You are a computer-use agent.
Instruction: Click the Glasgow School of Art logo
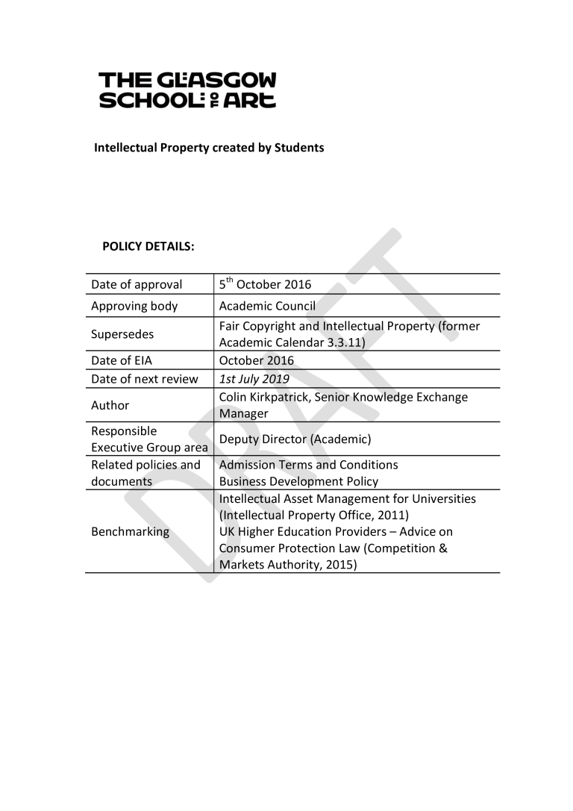[187, 90]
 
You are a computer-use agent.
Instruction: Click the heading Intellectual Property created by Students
[209, 148]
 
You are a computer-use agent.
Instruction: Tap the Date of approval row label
[137, 284]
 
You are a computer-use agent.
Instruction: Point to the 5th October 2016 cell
[265, 284]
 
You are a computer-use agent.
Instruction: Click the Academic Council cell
[267, 306]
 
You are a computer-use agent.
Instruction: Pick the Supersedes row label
[122, 334]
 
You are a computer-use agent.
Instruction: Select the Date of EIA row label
[122, 360]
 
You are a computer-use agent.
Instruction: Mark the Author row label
[110, 405]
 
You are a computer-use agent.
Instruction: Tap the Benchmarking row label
[130, 532]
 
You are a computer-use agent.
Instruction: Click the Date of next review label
[145, 379]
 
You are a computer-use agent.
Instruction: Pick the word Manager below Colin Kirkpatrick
[243, 413]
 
